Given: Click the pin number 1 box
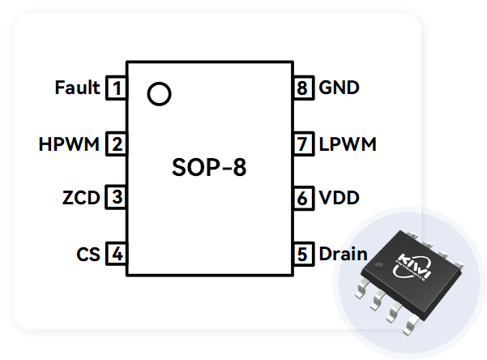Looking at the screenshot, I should coord(117,88).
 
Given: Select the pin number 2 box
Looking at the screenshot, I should coord(117,145).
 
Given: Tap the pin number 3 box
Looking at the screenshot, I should coord(117,197).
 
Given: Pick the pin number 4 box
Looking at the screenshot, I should coord(117,254).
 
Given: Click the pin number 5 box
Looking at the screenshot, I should coord(303,254).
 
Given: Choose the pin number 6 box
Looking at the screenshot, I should coord(303,197).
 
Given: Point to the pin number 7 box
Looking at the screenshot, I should coord(303,145).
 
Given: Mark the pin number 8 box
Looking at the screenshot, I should coord(303,88).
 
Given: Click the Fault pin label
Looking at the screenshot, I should coord(77,88).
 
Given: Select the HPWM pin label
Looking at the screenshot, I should coord(69,145).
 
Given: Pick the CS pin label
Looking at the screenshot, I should coord(88,254).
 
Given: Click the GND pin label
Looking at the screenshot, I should coord(340,88).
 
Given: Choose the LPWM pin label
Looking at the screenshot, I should coord(348,145).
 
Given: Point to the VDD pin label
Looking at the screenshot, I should coord(340,197).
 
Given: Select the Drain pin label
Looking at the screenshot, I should coord(343,254).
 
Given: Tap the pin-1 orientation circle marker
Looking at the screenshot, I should coord(160,94).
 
